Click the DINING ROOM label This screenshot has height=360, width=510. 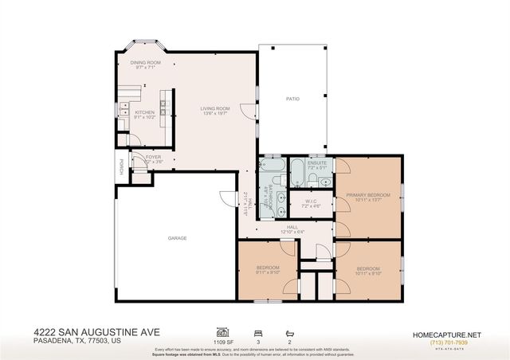(145, 62)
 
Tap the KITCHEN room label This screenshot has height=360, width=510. (144, 112)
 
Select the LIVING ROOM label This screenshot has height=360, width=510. (214, 108)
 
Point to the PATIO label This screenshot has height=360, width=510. (293, 99)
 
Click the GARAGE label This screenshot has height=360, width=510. (177, 237)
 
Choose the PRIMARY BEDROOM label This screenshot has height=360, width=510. (367, 195)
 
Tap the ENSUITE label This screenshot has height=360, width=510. (317, 162)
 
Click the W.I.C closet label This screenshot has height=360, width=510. (312, 201)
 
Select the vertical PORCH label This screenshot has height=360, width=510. (121, 167)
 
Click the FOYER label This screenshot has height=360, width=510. (154, 158)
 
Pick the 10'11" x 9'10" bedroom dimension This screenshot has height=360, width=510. (368, 273)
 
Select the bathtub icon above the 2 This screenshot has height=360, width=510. (289, 330)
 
